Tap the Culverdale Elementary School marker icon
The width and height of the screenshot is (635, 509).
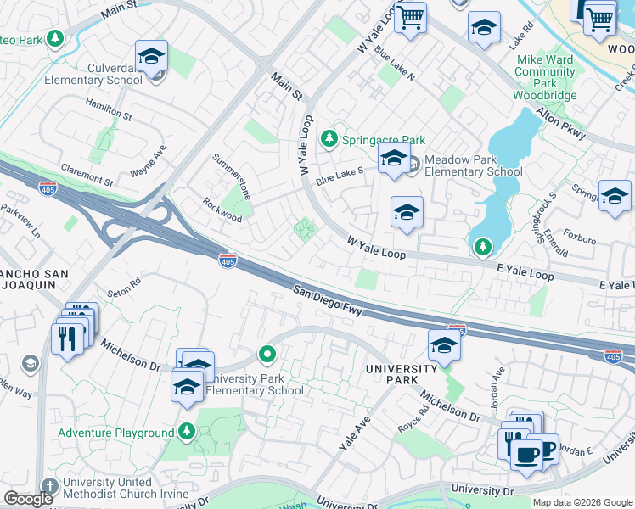151,57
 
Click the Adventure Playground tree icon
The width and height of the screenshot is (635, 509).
187,432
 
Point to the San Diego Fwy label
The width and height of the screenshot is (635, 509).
329,301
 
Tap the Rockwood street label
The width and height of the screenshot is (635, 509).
222,210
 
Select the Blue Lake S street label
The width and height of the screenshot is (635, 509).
340,176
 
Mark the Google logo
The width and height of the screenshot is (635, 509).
29,499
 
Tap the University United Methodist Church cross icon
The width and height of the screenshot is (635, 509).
50,487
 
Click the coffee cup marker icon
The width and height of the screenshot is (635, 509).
526,454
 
